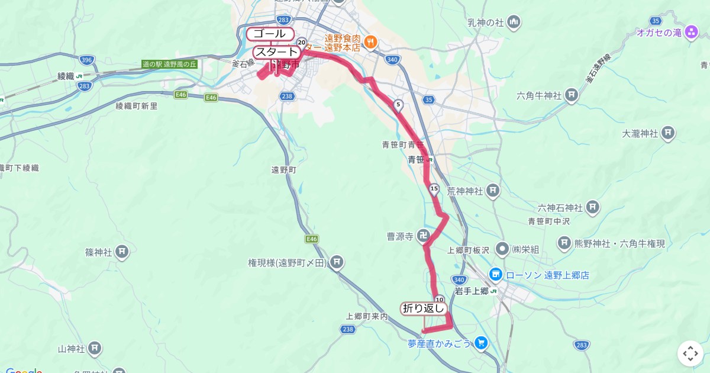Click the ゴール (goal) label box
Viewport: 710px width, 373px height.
tap(270, 34)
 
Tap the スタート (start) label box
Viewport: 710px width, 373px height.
tap(276, 52)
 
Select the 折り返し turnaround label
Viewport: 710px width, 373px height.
tap(423, 308)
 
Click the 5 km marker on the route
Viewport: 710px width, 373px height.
tap(398, 105)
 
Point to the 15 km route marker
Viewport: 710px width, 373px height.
tap(434, 189)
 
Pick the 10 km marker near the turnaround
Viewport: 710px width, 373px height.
tap(439, 300)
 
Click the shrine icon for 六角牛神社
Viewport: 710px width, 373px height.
tap(572, 95)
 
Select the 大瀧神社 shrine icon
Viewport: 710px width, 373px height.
tap(669, 133)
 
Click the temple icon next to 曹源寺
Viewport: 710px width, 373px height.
tap(424, 236)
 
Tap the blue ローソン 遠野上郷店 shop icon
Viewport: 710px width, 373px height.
tap(495, 275)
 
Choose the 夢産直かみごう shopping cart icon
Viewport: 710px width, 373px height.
tap(481, 342)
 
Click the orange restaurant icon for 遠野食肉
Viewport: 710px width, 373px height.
tap(371, 41)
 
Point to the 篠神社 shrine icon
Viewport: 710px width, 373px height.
tap(122, 252)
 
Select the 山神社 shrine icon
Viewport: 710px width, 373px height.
tap(95, 349)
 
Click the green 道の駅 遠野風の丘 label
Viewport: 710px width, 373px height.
tap(169, 64)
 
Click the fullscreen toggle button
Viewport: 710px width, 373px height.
tap(690, 353)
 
